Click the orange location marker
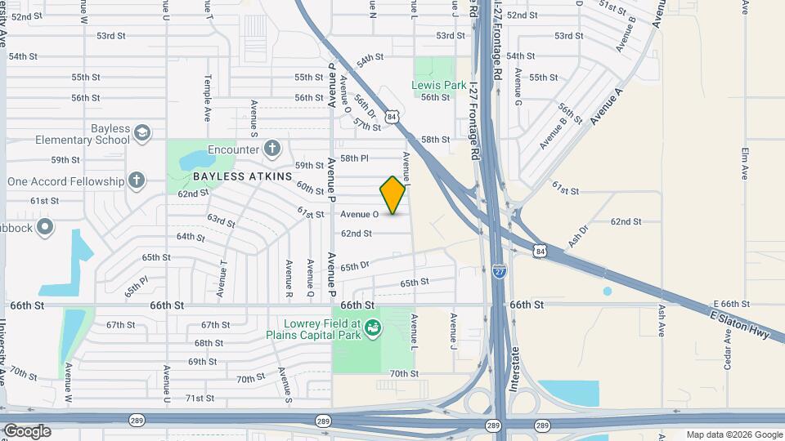pyautogui.click(x=393, y=195)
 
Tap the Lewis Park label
pyautogui.click(x=440, y=85)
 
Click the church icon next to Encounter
pyautogui.click(x=272, y=149)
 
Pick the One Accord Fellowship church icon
pyautogui.click(x=136, y=180)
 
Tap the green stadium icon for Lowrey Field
pyautogui.click(x=372, y=328)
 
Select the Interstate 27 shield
pyautogui.click(x=498, y=270)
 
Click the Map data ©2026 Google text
pyautogui.click(x=733, y=434)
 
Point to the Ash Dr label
pyautogui.click(x=577, y=237)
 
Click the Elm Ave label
pyautogui.click(x=745, y=163)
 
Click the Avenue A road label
pyautogui.click(x=606, y=108)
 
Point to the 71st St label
pyautogui.click(x=200, y=399)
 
